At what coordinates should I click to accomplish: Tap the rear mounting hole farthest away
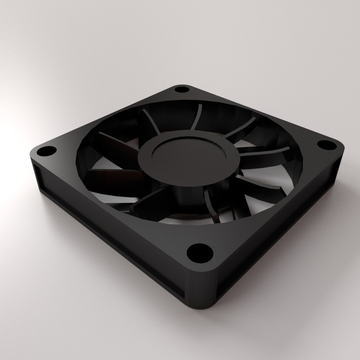tap(181, 90)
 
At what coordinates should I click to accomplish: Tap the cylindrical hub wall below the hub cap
tap(182, 193)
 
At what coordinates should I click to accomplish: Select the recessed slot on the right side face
tap(283, 233)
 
